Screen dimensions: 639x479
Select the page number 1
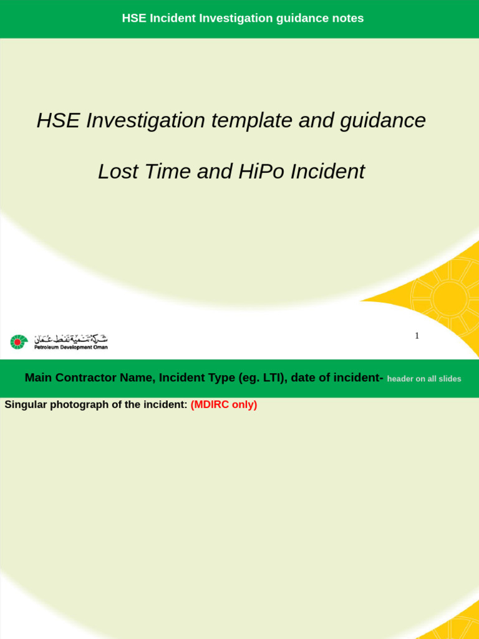coord(417,336)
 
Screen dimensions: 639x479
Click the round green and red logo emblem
coord(19,342)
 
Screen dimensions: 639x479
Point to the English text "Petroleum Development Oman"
coord(70,348)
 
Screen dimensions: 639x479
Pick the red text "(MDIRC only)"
coord(224,404)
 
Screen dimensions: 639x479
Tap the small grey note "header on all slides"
coord(424,379)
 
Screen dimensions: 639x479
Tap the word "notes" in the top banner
coord(349,18)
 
